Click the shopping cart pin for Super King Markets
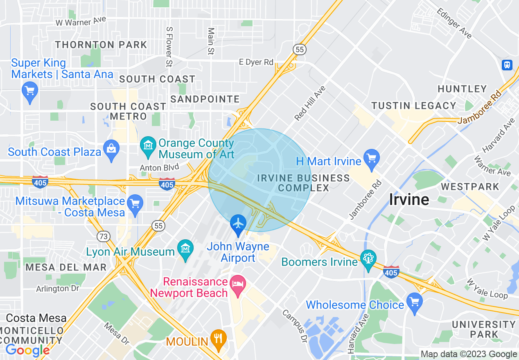coord(30,90)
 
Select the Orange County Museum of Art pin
coord(148,145)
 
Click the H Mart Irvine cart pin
coord(372,158)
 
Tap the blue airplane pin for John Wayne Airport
coord(238,224)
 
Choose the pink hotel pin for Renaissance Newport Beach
coord(237,284)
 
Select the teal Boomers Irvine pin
coord(368,259)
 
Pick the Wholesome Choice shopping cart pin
coord(415,302)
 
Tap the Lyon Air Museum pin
coord(186,248)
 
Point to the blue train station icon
coord(507,65)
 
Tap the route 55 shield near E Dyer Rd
coord(300,49)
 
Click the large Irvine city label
coord(408,200)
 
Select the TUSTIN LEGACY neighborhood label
coord(413,106)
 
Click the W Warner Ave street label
coord(81,21)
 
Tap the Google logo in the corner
coord(27,350)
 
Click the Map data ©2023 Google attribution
coord(469,354)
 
